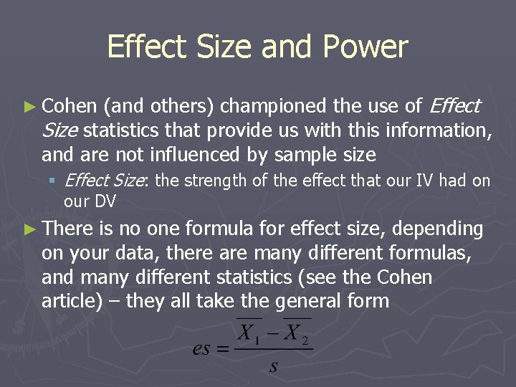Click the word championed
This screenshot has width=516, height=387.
(273, 107)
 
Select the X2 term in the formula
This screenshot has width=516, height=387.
(295, 333)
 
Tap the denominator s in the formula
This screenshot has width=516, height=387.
(273, 367)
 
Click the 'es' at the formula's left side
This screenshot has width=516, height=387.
(204, 350)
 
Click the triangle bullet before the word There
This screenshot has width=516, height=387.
(28, 229)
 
